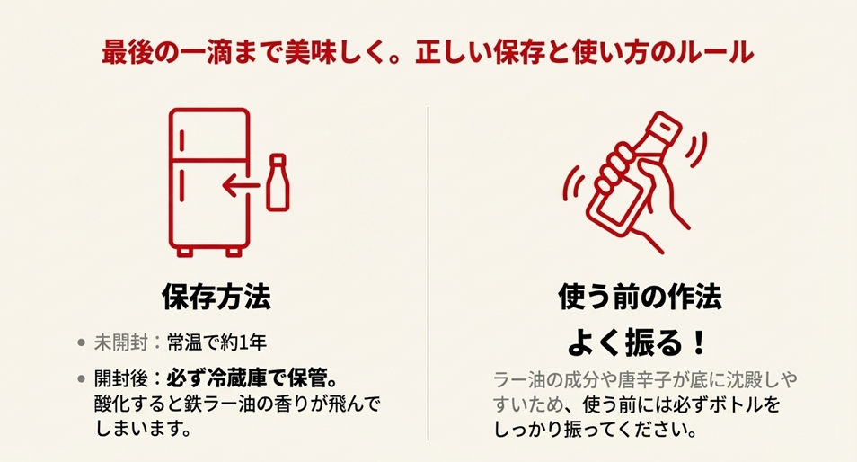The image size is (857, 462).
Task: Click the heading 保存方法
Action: coord(216,296)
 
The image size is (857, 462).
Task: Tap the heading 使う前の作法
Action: coord(640,296)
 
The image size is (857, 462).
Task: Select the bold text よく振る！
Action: coord(640,342)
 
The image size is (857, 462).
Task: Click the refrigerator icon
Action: coord(208,179)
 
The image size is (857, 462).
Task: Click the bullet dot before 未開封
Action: coord(82,343)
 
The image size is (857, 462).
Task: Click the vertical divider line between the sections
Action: coord(428,270)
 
